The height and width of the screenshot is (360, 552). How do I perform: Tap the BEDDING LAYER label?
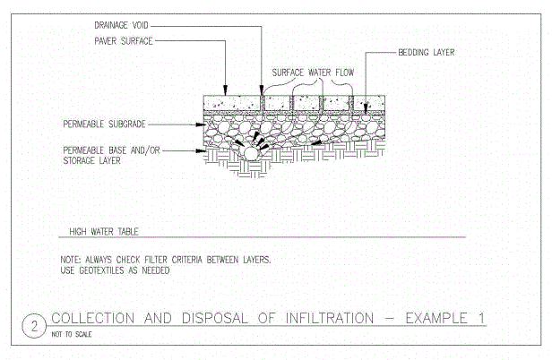pos(427,53)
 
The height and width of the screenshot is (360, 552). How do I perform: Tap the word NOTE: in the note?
pos(72,260)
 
